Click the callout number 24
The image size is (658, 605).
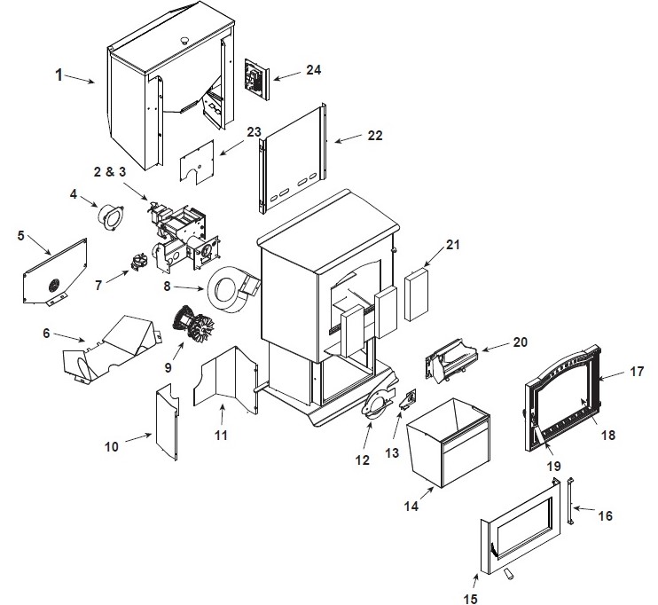coord(313,70)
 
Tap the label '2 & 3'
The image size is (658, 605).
coord(110,172)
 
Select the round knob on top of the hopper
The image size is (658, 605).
coord(184,40)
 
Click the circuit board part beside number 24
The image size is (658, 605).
coord(257,79)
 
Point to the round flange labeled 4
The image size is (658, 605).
coord(111,217)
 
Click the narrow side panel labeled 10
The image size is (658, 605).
coord(167,422)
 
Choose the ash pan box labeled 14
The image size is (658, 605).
coord(448,444)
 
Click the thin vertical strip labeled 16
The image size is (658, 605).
coord(570,500)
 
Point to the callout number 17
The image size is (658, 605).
coord(637,372)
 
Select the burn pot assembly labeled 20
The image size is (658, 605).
coord(451,360)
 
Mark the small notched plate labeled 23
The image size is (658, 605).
coord(197,161)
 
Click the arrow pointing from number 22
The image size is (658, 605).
coord(348,138)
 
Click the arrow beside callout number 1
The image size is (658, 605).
coord(79,79)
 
